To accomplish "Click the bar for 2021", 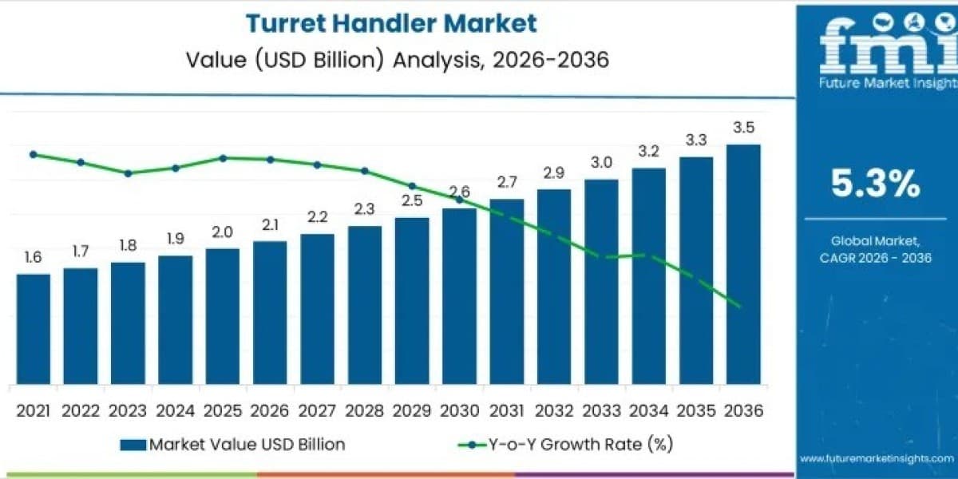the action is tap(34, 329).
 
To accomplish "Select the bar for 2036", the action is tap(743, 264).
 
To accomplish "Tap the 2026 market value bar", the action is tap(270, 313).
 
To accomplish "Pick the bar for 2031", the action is tap(507, 291).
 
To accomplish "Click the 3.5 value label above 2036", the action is tap(744, 128).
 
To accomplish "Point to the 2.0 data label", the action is tap(223, 232).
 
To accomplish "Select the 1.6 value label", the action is tap(33, 257).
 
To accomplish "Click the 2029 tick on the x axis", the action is tap(412, 411).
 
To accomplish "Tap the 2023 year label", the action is tap(128, 411).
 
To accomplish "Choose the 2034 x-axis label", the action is tap(648, 411).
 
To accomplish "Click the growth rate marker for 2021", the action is tap(34, 154).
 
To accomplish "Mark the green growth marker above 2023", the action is tap(128, 173).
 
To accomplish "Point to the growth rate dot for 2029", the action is tap(412, 186).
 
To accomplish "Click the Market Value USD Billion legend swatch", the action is tap(133, 445).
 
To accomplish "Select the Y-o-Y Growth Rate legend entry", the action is tap(565, 445).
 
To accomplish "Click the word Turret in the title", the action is tap(286, 23).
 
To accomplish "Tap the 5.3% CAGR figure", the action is tap(876, 184).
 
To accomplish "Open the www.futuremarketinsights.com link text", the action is tap(877, 459).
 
